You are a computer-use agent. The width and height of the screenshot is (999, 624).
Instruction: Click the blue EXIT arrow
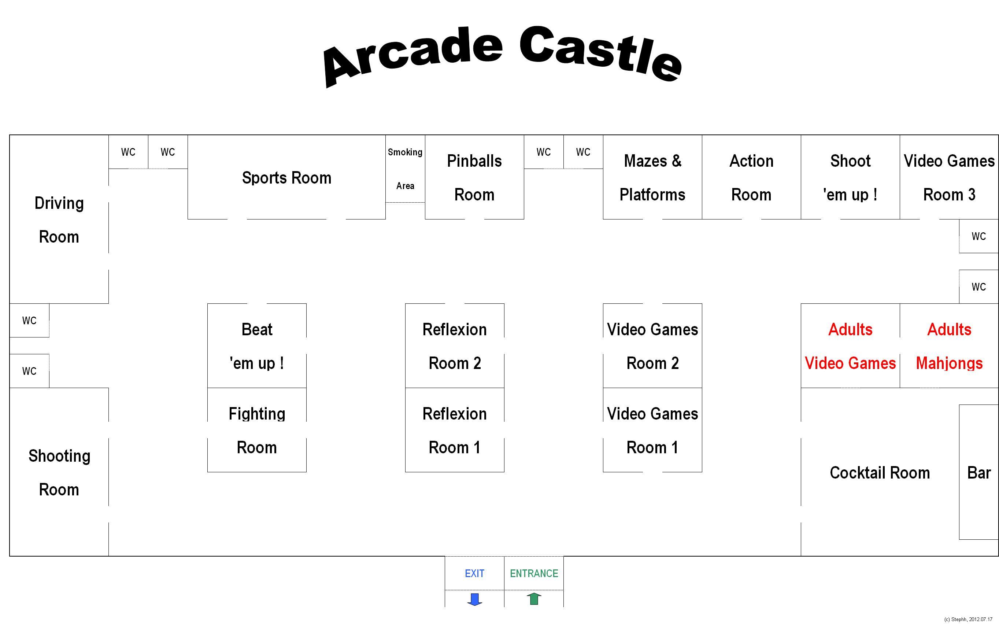pyautogui.click(x=474, y=599)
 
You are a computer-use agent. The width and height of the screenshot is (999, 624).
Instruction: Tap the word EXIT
pyautogui.click(x=474, y=573)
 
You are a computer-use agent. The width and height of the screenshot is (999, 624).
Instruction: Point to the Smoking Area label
pyautogui.click(x=405, y=169)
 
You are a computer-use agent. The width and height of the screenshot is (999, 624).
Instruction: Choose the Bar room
pyautogui.click(x=979, y=473)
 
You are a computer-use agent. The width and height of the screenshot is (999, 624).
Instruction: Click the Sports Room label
pyautogui.click(x=286, y=178)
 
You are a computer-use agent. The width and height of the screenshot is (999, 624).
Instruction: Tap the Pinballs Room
pyautogui.click(x=474, y=177)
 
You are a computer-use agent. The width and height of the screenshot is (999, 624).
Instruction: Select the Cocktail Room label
pyautogui.click(x=880, y=473)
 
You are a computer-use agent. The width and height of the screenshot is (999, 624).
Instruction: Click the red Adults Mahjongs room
pyautogui.click(x=949, y=346)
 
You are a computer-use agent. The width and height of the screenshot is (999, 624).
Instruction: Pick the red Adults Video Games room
pyautogui.click(x=850, y=346)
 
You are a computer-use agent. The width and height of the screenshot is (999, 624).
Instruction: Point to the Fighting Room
pyautogui.click(x=257, y=430)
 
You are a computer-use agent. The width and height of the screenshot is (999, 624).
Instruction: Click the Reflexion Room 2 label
pyautogui.click(x=454, y=346)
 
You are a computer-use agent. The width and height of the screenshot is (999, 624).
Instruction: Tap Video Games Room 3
pyautogui.click(x=949, y=177)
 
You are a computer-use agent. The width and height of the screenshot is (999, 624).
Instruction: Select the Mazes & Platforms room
pyautogui.click(x=652, y=177)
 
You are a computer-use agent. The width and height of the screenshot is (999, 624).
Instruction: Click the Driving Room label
pyautogui.click(x=59, y=219)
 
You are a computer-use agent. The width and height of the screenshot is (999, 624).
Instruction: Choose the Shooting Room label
pyautogui.click(x=59, y=473)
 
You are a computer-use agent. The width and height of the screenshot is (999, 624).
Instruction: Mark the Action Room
pyautogui.click(x=751, y=177)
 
